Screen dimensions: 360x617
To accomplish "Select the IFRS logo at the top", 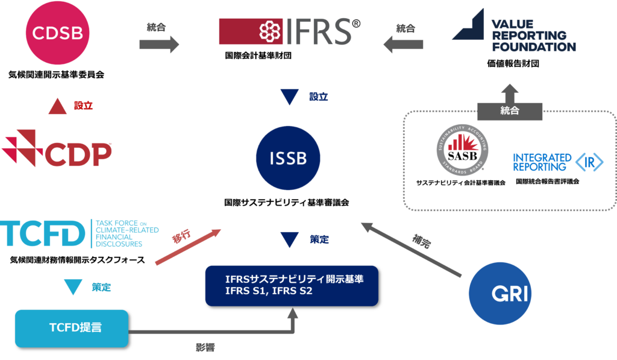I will click(290, 31).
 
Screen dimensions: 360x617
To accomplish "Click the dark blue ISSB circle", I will click(289, 159).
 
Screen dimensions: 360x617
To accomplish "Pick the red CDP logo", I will click(57, 148).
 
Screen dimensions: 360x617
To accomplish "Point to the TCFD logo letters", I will click(43, 234).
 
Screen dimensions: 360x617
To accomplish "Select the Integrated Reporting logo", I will click(557, 162).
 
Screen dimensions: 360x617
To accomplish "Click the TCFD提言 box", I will click(72, 328).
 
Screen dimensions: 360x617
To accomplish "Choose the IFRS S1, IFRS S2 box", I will click(292, 285).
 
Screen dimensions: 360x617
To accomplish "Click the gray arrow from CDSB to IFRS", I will click(159, 44).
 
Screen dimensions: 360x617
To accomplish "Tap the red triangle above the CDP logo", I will click(57, 107).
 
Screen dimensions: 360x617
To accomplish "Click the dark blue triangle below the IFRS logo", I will click(290, 98).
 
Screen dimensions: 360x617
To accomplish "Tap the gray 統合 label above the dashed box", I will click(510, 111).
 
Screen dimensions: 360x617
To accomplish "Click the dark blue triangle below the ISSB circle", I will click(290, 241).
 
